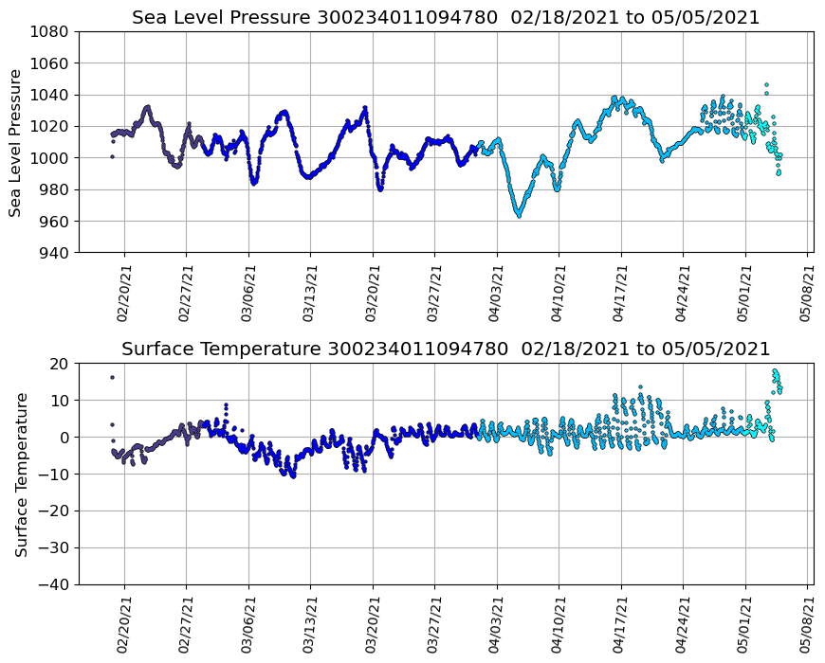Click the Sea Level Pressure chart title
tap(446, 17)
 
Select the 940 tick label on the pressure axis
tap(54, 253)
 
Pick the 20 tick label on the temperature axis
tap(60, 364)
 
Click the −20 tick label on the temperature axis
tap(55, 511)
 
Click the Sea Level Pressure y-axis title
tap(16, 142)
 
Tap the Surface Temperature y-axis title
tap(21, 474)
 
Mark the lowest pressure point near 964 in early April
tap(519, 215)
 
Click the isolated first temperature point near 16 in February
tap(112, 377)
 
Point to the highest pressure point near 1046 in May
tap(766, 85)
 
